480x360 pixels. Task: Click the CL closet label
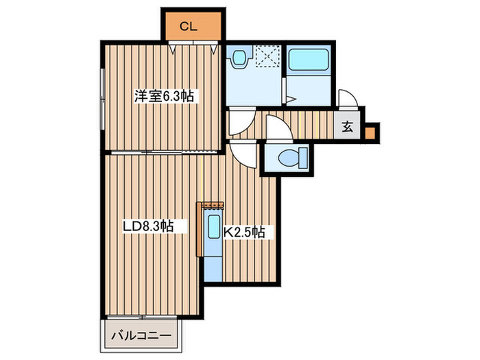coord(188,27)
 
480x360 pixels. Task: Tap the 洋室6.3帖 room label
coord(164,96)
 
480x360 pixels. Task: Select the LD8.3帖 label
coord(149,226)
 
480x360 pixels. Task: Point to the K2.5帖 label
coord(244,232)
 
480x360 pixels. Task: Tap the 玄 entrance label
coord(347,126)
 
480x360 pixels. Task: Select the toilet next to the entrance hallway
coord(293,158)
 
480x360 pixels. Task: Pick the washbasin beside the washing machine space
coord(240,58)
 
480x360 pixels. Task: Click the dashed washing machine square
coord(268,56)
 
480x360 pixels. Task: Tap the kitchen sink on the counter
coord(214,226)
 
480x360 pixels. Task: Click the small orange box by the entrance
coord(370,133)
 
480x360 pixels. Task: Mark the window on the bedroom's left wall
coord(103,99)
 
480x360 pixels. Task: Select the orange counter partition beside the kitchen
coord(200,229)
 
